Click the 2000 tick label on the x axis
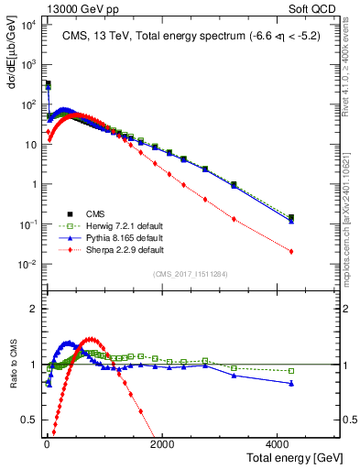click(161, 444)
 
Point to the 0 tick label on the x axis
click(46, 444)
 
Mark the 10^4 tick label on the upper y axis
click(27, 25)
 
